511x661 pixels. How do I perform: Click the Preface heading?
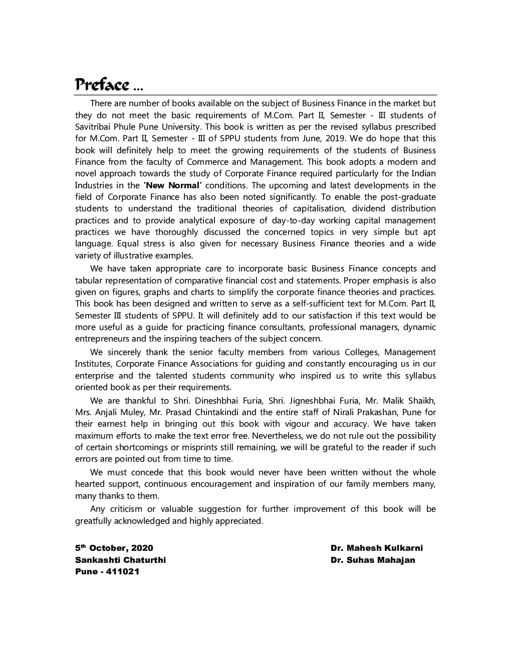click(x=102, y=85)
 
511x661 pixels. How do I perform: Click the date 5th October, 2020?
click(x=114, y=548)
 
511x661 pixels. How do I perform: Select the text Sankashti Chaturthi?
click(x=120, y=560)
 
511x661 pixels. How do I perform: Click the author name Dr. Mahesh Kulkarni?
click(x=376, y=548)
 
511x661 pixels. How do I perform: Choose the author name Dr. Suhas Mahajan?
click(x=373, y=560)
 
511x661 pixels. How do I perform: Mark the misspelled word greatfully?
click(x=97, y=521)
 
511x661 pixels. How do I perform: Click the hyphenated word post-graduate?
click(x=408, y=197)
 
